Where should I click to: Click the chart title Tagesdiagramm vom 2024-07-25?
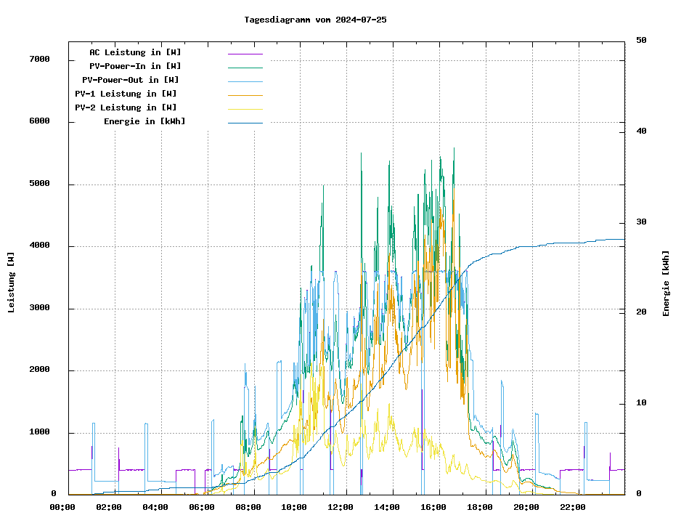pos(315,20)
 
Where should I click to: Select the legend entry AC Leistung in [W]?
pos(135,52)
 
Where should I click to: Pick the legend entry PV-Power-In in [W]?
pos(135,66)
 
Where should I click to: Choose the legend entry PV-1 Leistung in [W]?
pos(126,94)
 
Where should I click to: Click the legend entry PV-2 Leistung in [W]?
pos(126,108)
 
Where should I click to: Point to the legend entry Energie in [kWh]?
pos(144,121)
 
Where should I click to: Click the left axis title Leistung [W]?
pos(11,283)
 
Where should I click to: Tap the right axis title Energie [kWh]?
pos(666,283)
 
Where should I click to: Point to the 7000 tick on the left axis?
pos(39,60)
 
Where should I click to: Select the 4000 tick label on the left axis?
pos(39,246)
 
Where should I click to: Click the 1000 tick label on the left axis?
pos(39,433)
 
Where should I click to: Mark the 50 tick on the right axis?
pos(641,41)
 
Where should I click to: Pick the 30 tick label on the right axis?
pos(641,222)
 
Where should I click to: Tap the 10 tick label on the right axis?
pos(641,403)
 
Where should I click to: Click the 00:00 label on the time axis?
pos(62,507)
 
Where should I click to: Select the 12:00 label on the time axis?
pos(341,507)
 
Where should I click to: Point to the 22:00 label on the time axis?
pos(573,507)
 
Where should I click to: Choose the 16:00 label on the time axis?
pos(433,507)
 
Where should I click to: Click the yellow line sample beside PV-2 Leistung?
pos(245,108)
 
